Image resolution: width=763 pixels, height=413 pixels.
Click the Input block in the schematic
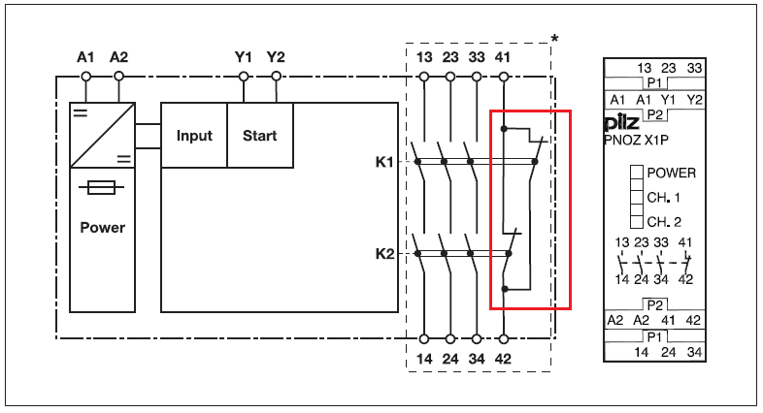(x=194, y=136)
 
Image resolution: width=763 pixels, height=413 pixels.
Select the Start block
(x=260, y=136)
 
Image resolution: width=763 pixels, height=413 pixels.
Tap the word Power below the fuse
(x=102, y=228)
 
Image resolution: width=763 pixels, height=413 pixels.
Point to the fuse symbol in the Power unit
(x=102, y=188)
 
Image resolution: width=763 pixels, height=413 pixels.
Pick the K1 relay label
(x=384, y=161)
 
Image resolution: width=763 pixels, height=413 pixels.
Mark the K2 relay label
(x=384, y=254)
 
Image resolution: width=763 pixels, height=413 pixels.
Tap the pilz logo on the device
(x=622, y=124)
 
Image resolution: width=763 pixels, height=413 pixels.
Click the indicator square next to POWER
(x=637, y=173)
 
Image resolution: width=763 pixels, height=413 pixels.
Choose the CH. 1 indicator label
(x=664, y=197)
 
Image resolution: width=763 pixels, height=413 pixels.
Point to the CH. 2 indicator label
(x=664, y=221)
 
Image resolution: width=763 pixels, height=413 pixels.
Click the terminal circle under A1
(x=86, y=75)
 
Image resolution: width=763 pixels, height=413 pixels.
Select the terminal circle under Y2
(x=277, y=75)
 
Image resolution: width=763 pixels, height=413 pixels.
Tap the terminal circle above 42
(x=504, y=338)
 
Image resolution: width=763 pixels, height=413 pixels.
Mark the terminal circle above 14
(x=424, y=338)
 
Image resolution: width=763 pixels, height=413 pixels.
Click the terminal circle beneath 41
(x=504, y=75)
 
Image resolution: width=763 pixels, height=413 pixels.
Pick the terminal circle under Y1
(x=244, y=75)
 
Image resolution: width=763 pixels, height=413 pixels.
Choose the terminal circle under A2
(x=118, y=75)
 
